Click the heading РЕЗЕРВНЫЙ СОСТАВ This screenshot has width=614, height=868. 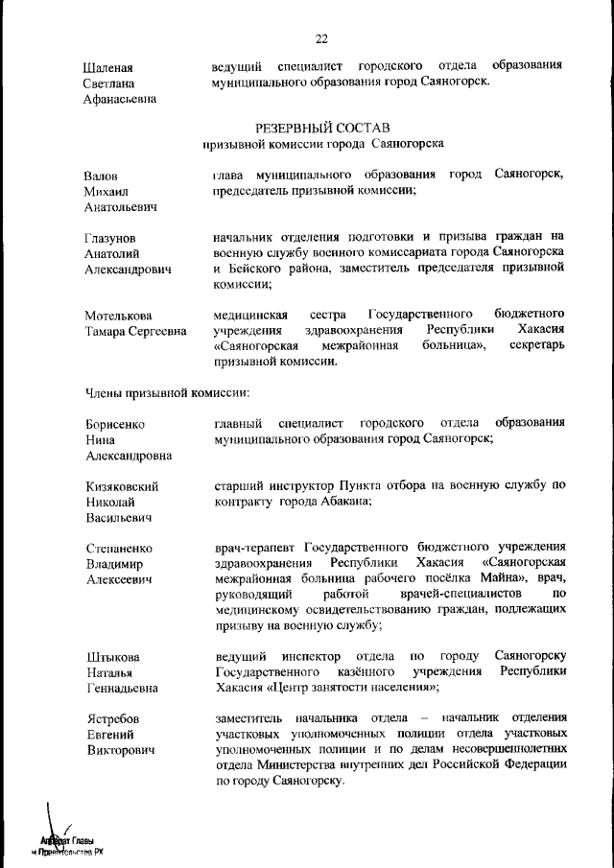pos(322,127)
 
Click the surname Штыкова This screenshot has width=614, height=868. pos(112,657)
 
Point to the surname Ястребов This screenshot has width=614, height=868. pos(113,718)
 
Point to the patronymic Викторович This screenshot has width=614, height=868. pos(121,749)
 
